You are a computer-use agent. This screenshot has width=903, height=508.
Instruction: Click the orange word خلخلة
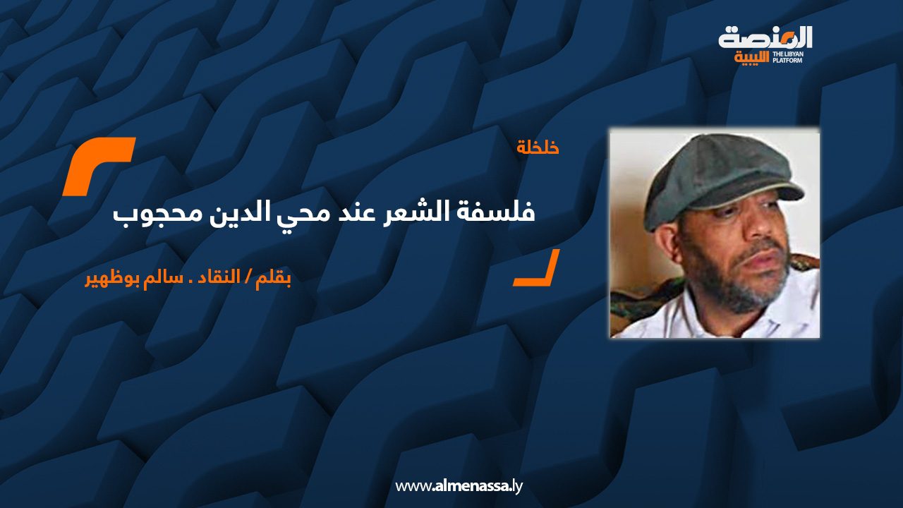538,148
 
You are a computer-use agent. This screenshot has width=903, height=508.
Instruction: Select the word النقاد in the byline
220,277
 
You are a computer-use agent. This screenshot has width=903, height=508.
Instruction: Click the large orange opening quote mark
98,166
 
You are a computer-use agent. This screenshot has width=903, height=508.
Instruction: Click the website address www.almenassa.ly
459,486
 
